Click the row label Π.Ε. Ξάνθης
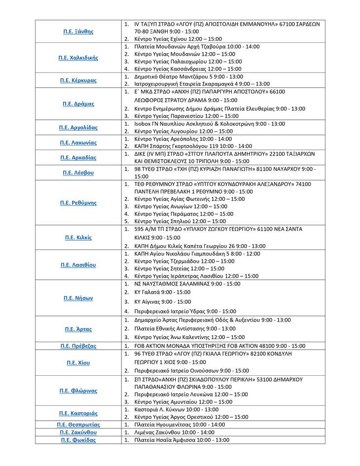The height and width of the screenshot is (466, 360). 78,31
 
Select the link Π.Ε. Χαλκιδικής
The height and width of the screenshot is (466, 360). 78,58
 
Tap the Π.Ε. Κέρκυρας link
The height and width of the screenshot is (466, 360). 78,80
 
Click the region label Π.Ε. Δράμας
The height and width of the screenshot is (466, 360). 78,104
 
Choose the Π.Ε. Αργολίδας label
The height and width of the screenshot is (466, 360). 78,128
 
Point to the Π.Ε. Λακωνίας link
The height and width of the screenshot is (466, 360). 78,143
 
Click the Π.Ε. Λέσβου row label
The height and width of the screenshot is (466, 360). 78,173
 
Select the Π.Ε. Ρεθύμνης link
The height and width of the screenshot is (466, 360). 78,203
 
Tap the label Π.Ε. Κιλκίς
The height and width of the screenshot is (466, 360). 78,237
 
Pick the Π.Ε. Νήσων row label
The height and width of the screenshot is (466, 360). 78,298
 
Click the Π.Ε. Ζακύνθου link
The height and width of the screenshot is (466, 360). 78,432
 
